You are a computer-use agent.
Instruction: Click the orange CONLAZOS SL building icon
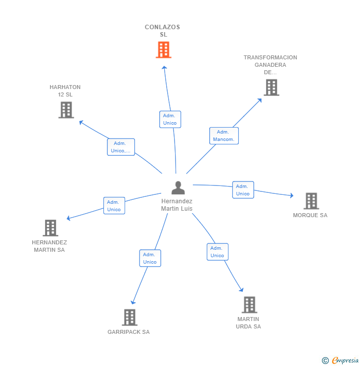(164, 50)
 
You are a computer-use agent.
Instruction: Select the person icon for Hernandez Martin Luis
(178, 188)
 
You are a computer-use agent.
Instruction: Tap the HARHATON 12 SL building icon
(66, 110)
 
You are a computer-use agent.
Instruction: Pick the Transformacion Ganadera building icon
(271, 88)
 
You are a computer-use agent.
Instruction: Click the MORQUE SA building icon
(311, 201)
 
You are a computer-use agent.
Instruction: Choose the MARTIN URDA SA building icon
(249, 305)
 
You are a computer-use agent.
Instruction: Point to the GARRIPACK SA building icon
(129, 318)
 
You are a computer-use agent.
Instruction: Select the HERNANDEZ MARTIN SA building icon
(50, 228)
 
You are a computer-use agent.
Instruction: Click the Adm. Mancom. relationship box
(224, 136)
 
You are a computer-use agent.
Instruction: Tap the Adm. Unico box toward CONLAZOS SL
(170, 119)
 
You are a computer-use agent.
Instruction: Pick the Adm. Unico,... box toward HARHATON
(121, 147)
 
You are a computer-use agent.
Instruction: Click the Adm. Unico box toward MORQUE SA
(243, 190)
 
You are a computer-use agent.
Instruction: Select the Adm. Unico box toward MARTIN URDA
(217, 252)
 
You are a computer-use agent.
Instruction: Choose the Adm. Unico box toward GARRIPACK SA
(150, 258)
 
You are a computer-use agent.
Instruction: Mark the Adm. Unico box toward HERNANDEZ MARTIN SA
(114, 205)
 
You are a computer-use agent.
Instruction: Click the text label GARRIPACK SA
(129, 332)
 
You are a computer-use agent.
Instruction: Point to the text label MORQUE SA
(310, 215)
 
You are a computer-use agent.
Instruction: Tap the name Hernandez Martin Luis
(177, 205)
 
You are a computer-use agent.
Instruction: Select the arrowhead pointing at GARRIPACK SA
(132, 302)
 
